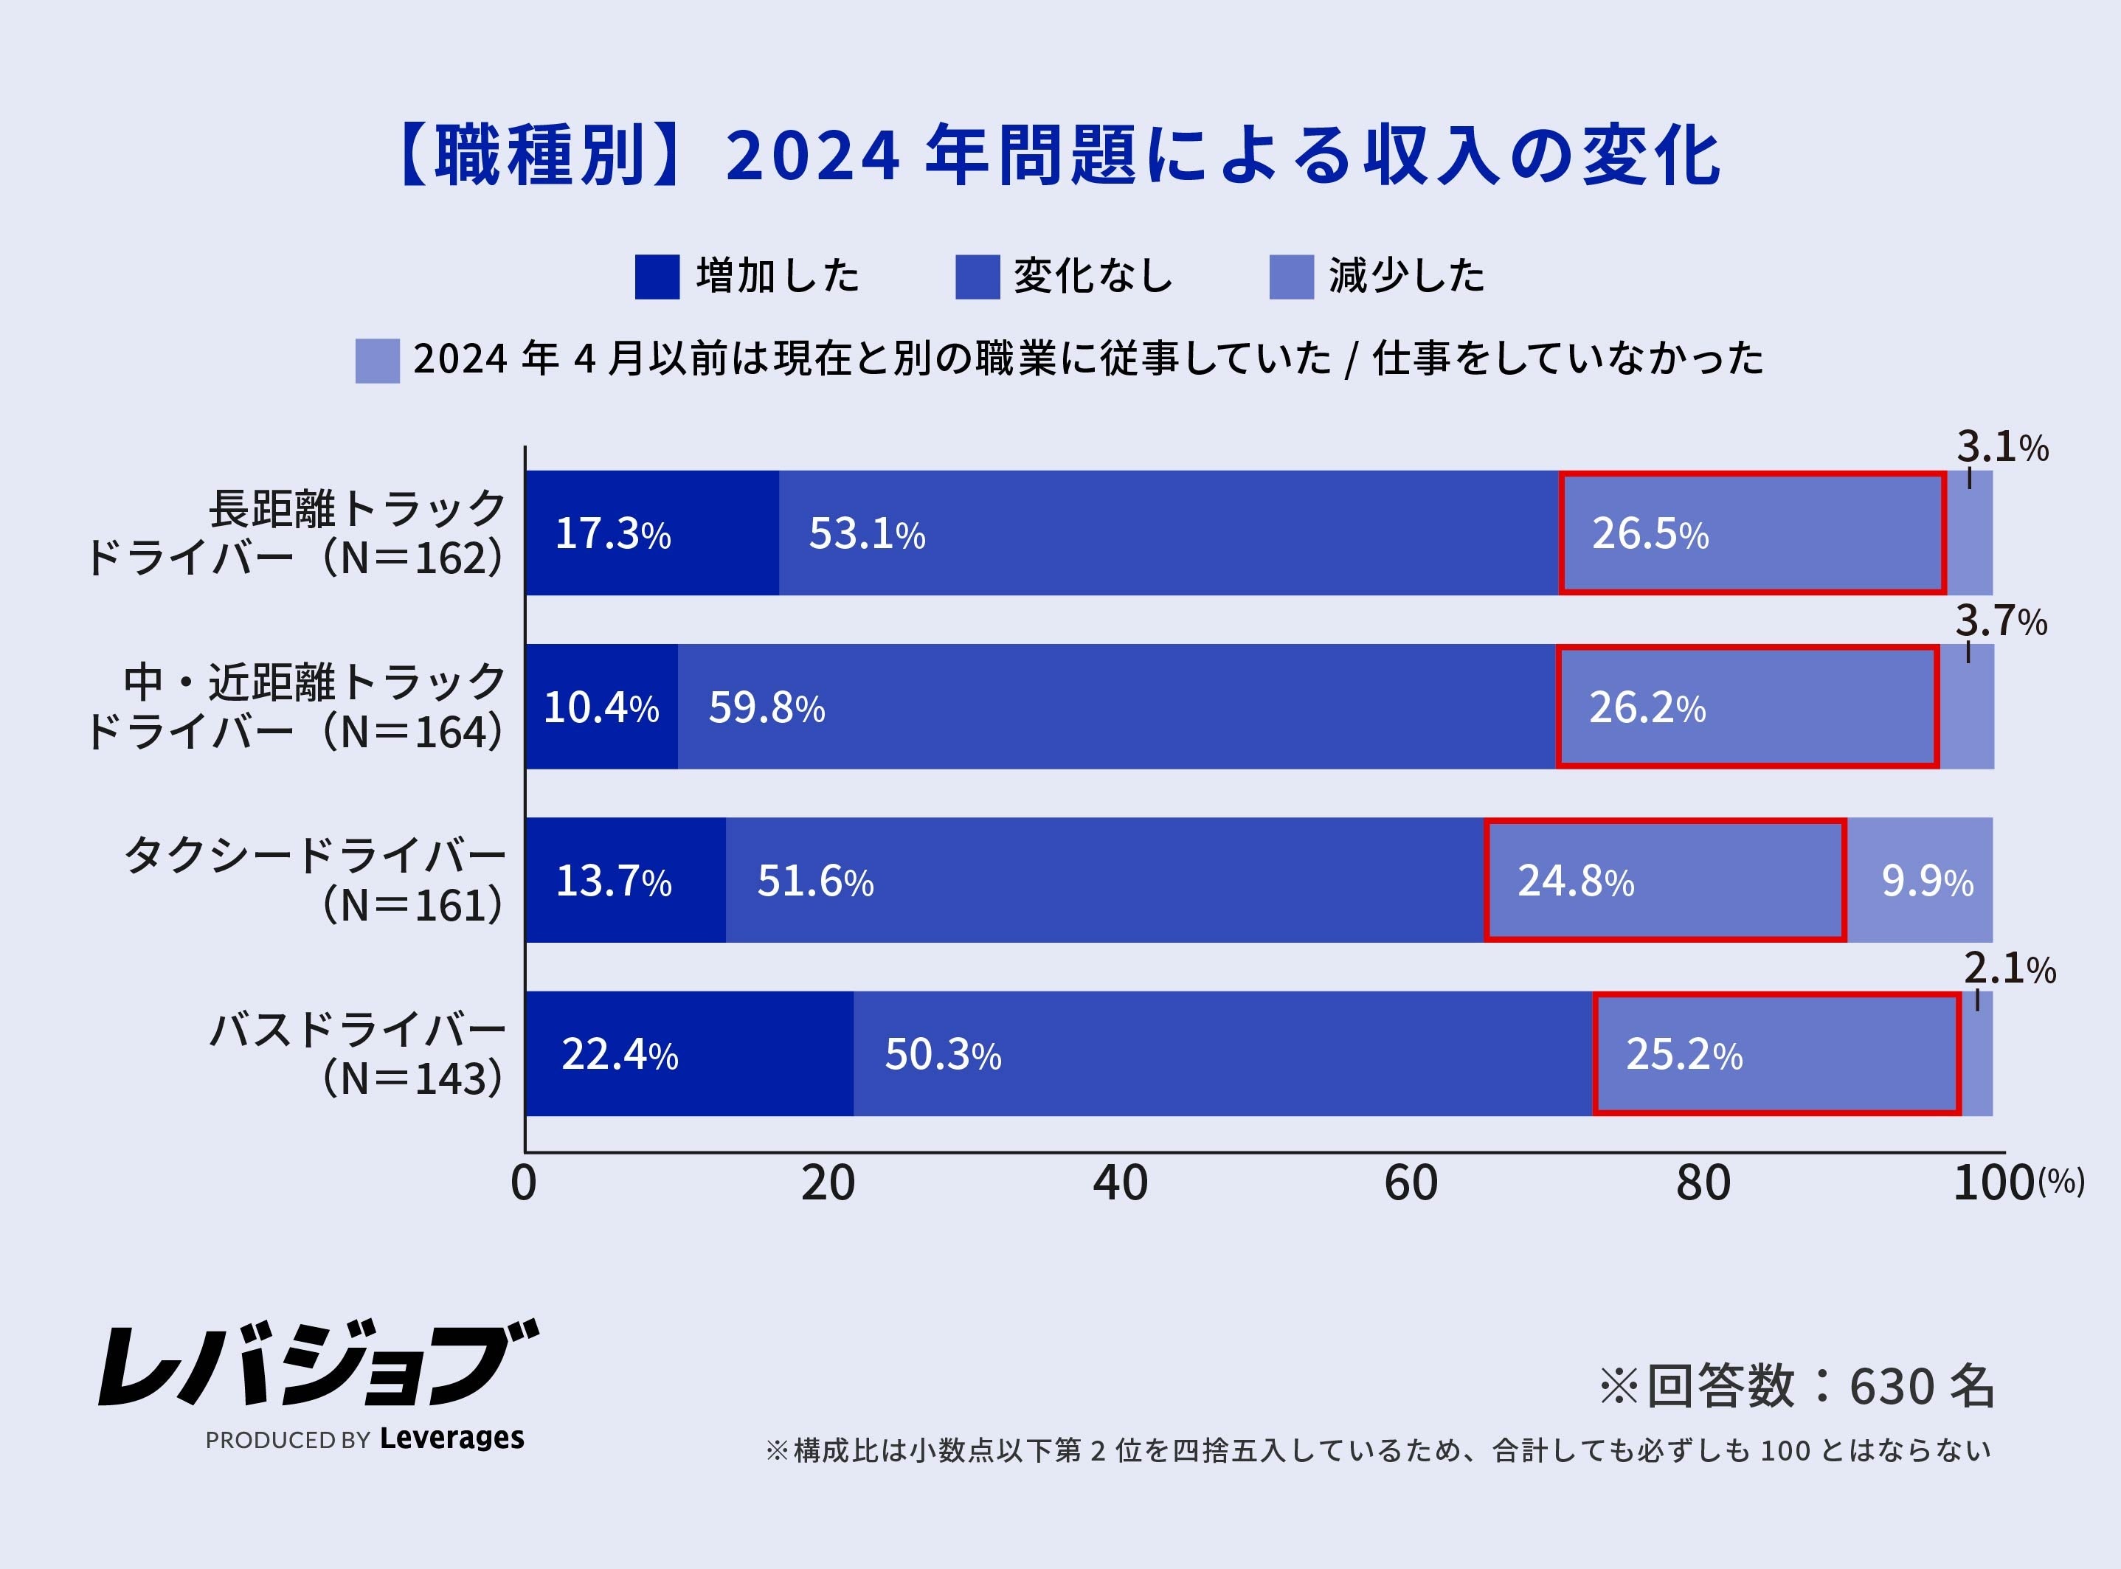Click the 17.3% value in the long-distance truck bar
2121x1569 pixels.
click(x=612, y=534)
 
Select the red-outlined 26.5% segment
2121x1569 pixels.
click(x=1751, y=534)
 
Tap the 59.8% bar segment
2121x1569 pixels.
click(x=1116, y=707)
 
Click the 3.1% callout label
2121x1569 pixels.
click(x=2001, y=447)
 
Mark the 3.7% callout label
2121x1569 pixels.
click(x=2000, y=622)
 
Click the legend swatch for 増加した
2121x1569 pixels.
click(x=657, y=277)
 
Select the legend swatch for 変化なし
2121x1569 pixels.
click(x=977, y=277)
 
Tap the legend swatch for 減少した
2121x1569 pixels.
click(x=1291, y=277)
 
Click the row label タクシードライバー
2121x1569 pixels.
click(x=314, y=856)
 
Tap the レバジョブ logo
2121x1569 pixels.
click(x=318, y=1364)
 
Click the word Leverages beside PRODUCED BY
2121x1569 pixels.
click(x=451, y=1438)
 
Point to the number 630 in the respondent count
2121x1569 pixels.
click(x=1891, y=1387)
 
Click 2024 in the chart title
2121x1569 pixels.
click(x=812, y=156)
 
